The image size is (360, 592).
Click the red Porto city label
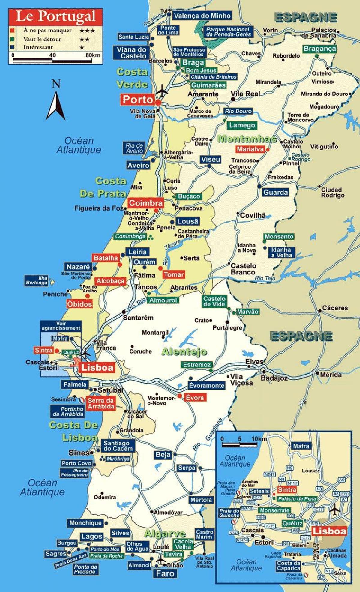(138, 100)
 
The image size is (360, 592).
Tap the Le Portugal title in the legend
(56, 16)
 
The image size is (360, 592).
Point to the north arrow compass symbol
(56, 102)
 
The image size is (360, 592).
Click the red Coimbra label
(146, 203)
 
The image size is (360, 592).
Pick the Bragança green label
(319, 49)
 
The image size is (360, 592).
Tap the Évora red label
(195, 398)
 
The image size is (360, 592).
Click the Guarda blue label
(275, 192)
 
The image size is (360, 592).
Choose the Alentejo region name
(184, 351)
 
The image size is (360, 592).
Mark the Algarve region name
(165, 534)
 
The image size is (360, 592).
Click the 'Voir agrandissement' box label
(61, 326)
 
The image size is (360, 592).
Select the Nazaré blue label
(78, 267)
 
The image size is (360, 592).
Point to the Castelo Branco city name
(243, 269)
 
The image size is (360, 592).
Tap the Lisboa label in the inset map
(329, 531)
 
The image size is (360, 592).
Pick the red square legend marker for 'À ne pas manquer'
(12, 31)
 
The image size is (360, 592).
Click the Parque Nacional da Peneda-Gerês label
(228, 32)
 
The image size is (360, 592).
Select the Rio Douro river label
(238, 111)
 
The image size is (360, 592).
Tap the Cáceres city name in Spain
(335, 308)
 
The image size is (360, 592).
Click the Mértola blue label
(201, 500)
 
